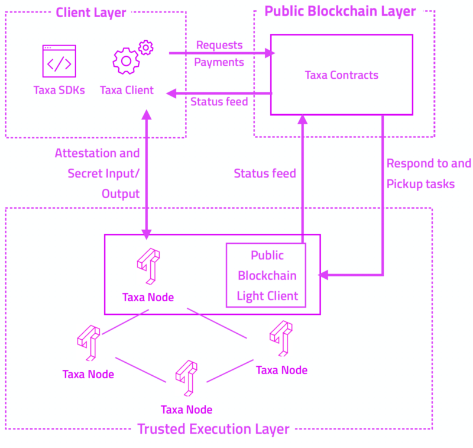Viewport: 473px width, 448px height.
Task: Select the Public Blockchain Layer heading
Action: click(340, 11)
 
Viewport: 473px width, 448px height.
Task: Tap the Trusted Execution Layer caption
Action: click(213, 429)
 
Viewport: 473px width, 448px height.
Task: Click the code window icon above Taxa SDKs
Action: click(59, 61)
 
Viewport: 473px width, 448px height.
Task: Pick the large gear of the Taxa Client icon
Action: click(125, 61)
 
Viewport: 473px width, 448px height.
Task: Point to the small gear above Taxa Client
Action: click(145, 47)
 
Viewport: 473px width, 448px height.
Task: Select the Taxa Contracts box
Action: click(342, 75)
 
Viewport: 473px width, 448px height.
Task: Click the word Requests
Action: click(219, 45)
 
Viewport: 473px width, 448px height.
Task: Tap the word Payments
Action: click(219, 62)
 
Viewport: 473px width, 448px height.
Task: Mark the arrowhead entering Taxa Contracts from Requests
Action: click(271, 53)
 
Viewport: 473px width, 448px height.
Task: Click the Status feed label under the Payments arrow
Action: click(219, 102)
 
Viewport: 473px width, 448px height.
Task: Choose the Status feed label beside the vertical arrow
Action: click(265, 173)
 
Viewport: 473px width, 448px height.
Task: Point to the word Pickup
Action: click(403, 184)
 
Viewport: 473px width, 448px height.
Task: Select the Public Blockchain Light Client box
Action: click(266, 275)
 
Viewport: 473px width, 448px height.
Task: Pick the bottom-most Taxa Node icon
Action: click(186, 378)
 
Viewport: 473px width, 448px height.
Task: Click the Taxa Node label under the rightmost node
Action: click(281, 370)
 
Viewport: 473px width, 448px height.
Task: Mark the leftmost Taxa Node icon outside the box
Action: click(89, 342)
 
